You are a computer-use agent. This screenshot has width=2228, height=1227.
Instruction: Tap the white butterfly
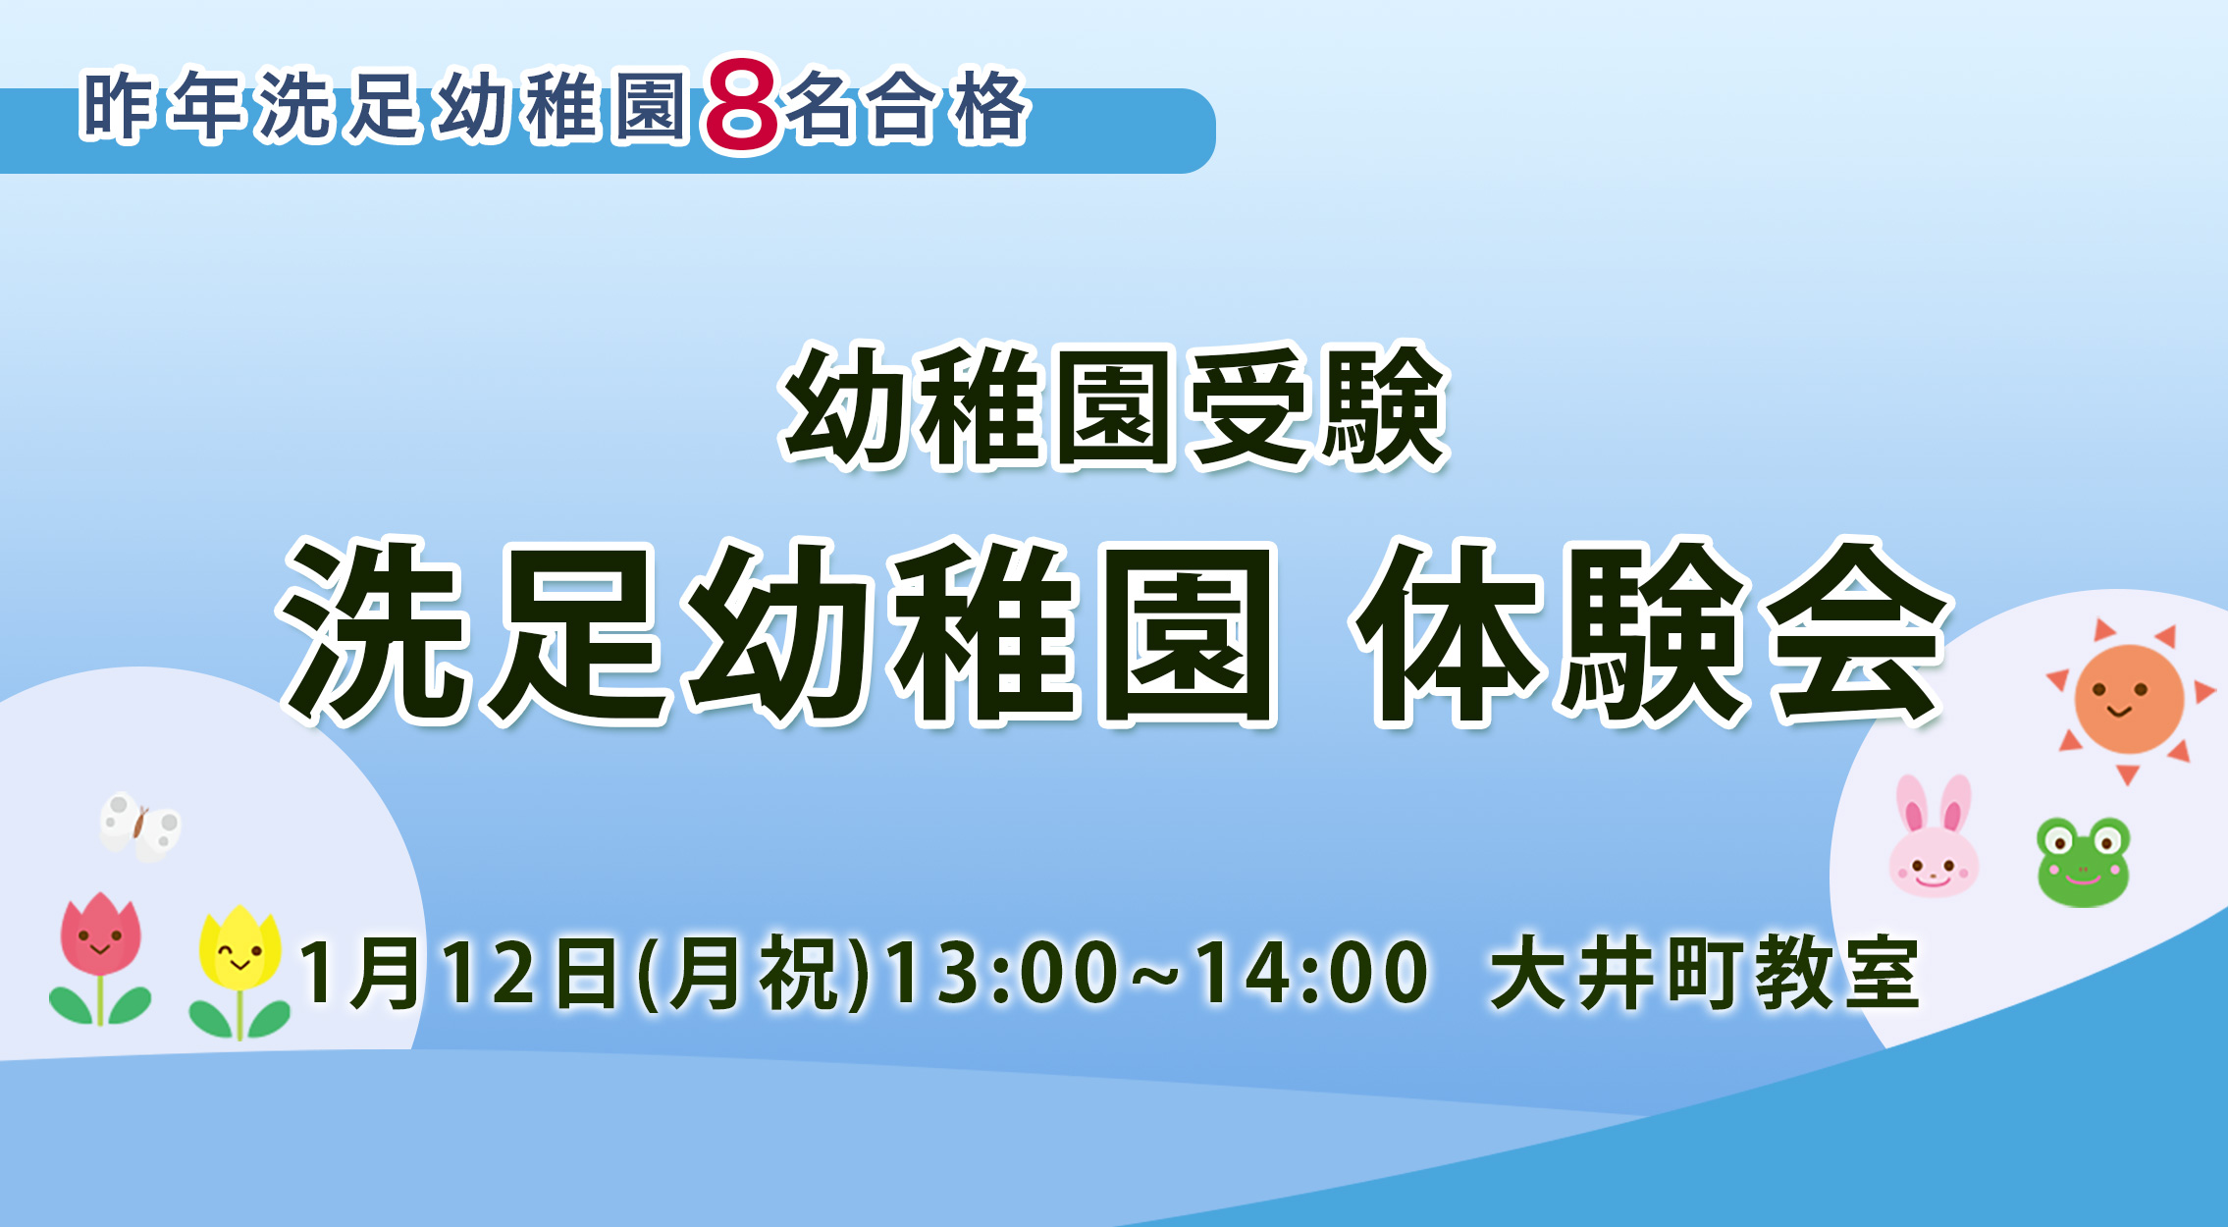pos(140,827)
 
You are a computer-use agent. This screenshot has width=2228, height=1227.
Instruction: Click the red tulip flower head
pos(101,934)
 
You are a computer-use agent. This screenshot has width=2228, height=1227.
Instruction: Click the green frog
pos(2083,862)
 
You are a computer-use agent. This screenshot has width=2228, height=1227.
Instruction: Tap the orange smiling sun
pos(2129,700)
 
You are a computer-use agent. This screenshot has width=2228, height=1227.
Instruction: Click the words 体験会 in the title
pos(1651,633)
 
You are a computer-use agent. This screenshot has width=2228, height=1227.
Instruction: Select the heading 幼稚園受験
pos(1115,405)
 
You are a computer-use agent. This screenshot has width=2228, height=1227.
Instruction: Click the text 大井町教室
pos(1705,973)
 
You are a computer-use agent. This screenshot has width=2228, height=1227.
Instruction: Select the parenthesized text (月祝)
pos(754,973)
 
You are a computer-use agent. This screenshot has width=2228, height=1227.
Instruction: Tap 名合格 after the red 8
pos(907,106)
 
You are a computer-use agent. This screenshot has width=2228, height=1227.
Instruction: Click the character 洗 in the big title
pos(373,633)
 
